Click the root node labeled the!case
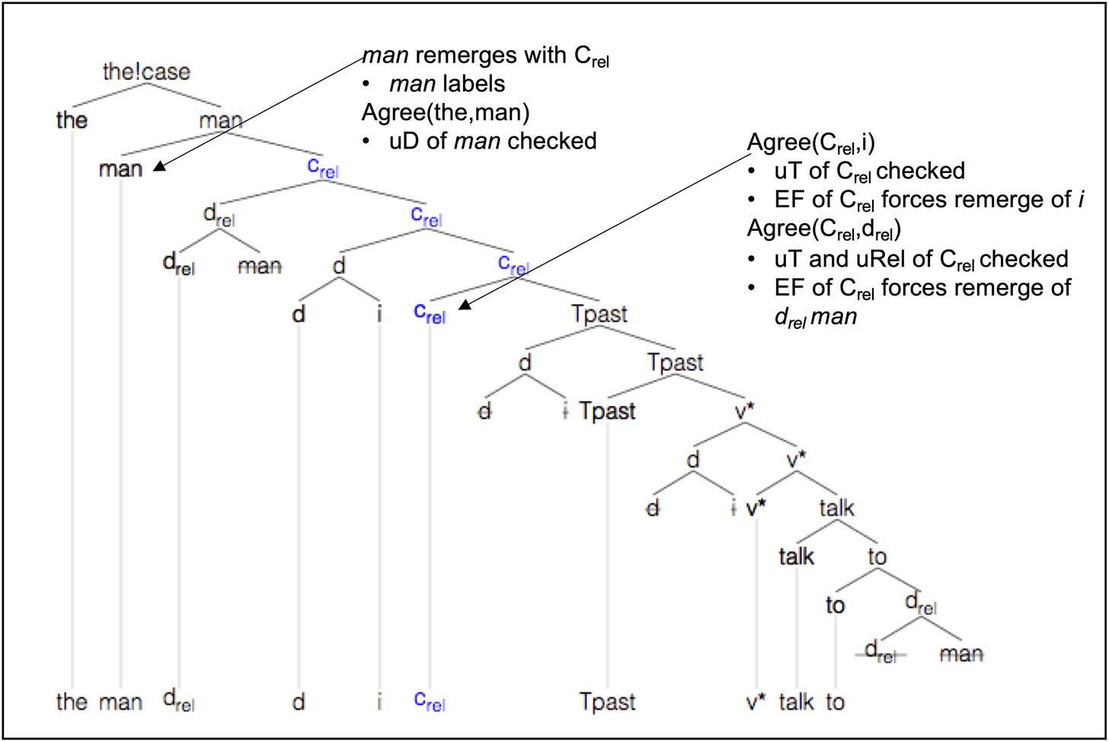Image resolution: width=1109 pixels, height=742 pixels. click(x=145, y=72)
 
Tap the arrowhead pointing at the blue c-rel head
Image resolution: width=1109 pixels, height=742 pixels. click(x=461, y=309)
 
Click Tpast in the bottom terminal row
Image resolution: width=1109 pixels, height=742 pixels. click(x=607, y=701)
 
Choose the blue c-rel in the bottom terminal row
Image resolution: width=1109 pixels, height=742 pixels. click(x=429, y=701)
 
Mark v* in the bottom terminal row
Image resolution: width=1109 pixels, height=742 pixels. click(x=756, y=701)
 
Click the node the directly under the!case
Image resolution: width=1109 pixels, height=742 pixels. click(x=72, y=120)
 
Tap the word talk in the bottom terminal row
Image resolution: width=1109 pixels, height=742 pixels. click(x=797, y=701)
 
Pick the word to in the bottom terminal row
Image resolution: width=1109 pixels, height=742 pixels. click(x=836, y=701)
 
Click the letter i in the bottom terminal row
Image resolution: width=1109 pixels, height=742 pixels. click(x=379, y=701)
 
